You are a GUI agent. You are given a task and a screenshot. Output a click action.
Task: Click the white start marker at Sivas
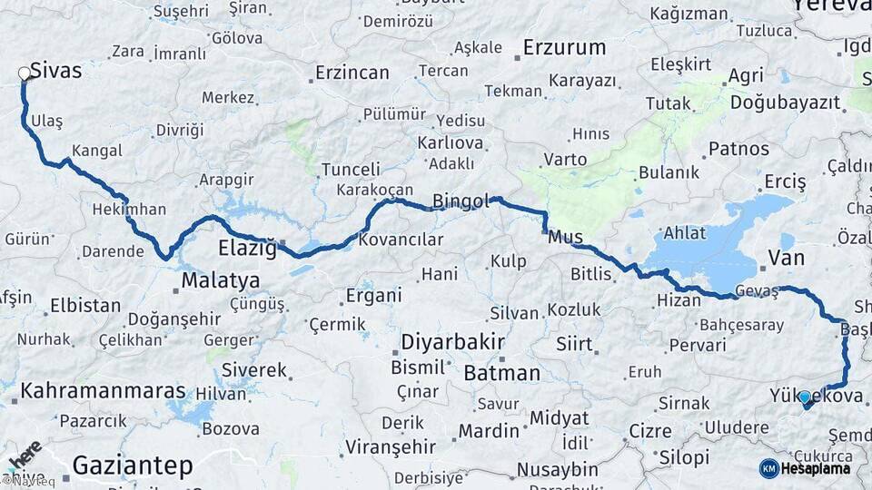click(25, 73)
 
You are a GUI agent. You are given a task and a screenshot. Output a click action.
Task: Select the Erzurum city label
click(564, 48)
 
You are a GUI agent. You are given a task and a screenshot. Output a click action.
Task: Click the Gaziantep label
click(133, 466)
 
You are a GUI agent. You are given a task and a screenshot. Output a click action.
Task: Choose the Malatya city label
click(221, 280)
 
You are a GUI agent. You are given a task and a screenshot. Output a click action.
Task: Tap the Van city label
click(786, 259)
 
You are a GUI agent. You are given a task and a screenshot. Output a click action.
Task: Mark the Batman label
click(501, 373)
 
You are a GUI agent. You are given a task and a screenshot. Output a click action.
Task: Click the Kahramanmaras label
click(103, 392)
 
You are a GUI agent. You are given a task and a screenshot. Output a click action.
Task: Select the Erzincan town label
click(351, 73)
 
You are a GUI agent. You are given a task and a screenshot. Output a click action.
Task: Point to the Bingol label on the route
click(461, 201)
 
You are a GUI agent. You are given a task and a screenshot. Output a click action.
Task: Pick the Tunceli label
click(351, 170)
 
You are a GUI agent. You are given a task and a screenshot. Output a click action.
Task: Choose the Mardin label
click(488, 431)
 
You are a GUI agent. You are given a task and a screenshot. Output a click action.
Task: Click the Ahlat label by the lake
click(684, 233)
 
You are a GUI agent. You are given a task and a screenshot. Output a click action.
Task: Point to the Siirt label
click(574, 345)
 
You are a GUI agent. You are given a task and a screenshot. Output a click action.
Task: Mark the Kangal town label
click(96, 151)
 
